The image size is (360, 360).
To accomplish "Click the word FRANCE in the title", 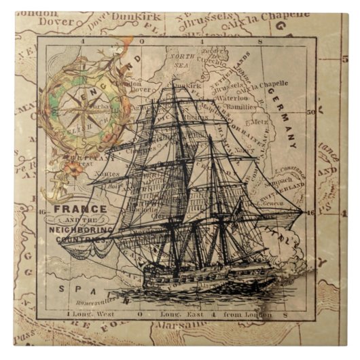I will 79,209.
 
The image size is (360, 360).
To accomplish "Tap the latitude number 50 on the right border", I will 310,111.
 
